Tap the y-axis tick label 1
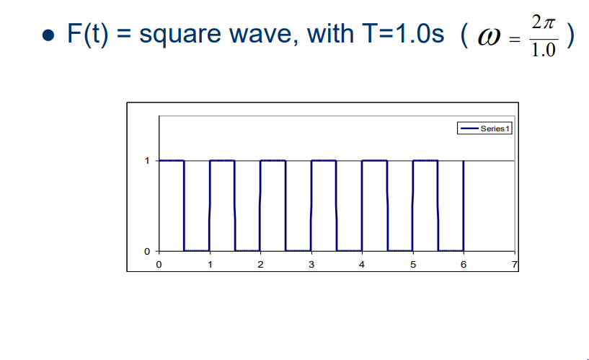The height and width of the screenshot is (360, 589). tap(147, 161)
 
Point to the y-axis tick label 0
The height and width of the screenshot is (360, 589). tap(147, 251)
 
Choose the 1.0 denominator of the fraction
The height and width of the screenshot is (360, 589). tap(542, 52)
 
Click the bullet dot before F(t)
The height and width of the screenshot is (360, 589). tap(48, 37)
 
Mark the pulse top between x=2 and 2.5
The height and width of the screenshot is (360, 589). tap(273, 161)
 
